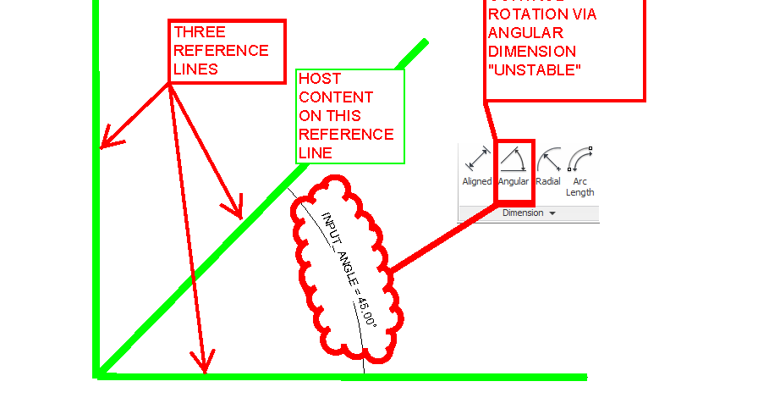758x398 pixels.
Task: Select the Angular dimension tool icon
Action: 513,159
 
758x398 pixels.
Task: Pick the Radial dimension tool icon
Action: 548,159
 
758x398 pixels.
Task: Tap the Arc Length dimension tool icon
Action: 579,159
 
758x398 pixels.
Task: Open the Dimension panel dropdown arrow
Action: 552,213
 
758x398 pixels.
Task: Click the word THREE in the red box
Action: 198,32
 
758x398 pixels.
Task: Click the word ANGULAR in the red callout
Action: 526,33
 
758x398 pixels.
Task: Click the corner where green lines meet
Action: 98,373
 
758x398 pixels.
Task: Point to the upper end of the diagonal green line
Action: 424,41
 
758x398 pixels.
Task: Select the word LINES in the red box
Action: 195,69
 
